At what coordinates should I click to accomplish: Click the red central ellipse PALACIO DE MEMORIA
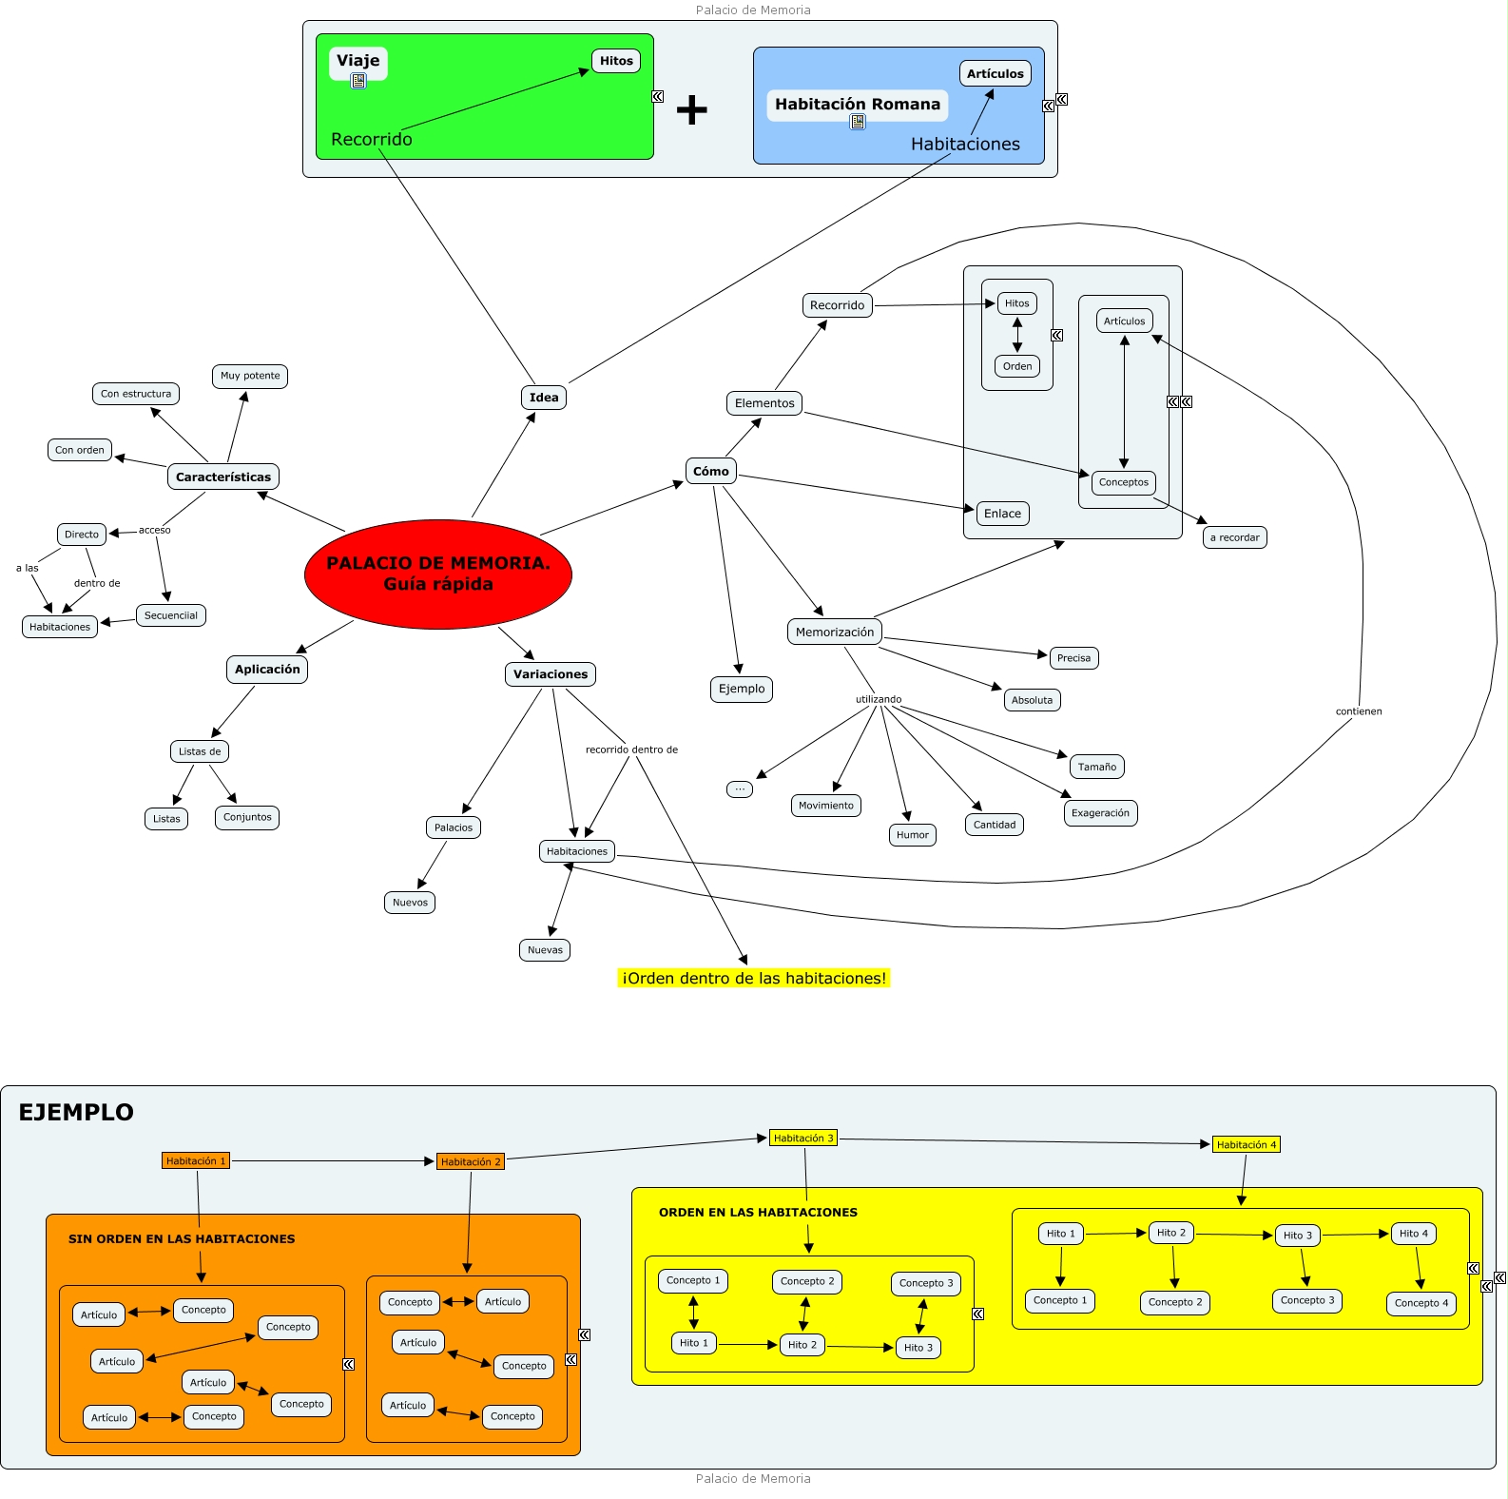(438, 574)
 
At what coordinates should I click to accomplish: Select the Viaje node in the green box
(358, 61)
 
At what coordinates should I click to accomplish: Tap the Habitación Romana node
(857, 105)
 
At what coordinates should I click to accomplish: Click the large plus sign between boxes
(692, 110)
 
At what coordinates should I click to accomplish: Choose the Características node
(223, 477)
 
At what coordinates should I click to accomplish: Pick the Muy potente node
(250, 376)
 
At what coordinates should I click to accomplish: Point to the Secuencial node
(171, 615)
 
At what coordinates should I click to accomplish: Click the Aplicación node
(267, 670)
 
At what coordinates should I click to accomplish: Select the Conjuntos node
(247, 817)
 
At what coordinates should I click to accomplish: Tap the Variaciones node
(551, 674)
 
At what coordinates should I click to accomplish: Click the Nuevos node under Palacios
(410, 903)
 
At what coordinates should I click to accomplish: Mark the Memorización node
(835, 633)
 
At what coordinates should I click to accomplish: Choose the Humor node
(913, 835)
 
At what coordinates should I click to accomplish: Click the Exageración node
(1100, 813)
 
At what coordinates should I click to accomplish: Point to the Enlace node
(1002, 514)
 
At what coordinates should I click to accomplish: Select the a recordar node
(1234, 537)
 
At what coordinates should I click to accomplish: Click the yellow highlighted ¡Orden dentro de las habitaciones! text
(754, 979)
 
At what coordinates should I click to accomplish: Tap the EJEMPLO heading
(76, 1113)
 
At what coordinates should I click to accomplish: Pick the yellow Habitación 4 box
(1246, 1145)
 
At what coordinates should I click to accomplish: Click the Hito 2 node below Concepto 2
(802, 1345)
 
